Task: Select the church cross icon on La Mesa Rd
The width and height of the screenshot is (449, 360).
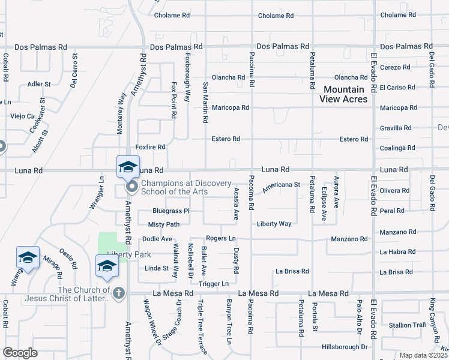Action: (x=119, y=293)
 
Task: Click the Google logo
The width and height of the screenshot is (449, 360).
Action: (x=20, y=352)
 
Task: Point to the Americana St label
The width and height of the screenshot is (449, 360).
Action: (x=281, y=185)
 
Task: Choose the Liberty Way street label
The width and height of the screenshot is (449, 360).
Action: (x=274, y=224)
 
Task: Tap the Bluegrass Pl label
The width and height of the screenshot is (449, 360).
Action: (x=171, y=211)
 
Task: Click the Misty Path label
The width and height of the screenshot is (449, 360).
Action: (x=164, y=224)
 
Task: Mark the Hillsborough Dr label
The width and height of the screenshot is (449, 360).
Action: (x=344, y=347)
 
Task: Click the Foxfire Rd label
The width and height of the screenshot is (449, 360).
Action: (x=150, y=146)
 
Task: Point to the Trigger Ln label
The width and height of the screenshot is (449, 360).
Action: (x=214, y=283)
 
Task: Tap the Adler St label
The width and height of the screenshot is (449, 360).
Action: (x=39, y=84)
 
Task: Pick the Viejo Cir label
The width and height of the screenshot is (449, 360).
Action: (x=22, y=116)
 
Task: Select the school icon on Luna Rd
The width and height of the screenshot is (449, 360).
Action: (x=128, y=167)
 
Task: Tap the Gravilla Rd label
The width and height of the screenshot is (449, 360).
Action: (x=396, y=128)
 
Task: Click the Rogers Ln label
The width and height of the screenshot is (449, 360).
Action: (x=220, y=238)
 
